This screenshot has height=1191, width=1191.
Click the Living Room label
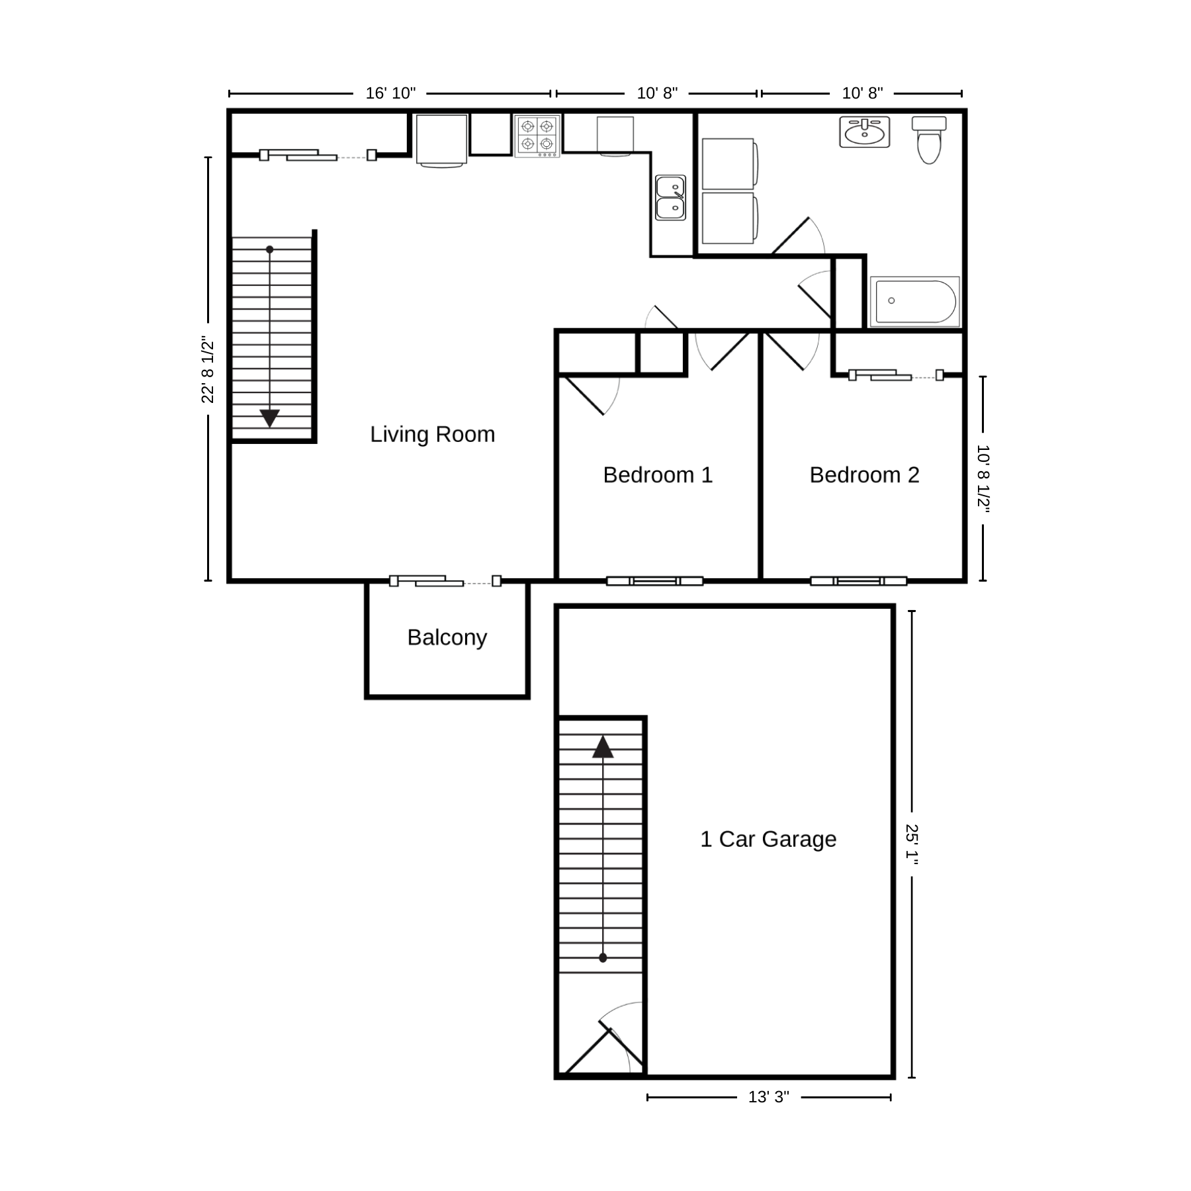point(432,434)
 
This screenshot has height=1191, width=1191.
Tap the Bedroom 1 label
point(658,475)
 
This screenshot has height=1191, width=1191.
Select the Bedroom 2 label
point(864,475)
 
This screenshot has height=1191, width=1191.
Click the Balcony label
point(447,637)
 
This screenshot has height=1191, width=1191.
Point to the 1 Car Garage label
point(768,839)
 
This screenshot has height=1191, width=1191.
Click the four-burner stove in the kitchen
point(537,136)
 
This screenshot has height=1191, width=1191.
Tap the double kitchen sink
point(670,197)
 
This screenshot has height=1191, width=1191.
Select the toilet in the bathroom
point(929,140)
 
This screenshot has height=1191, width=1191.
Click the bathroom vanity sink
point(865,132)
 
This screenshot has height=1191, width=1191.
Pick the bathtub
point(915,301)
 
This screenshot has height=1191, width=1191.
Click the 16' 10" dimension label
point(390,93)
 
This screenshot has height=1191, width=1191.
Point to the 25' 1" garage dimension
point(912,845)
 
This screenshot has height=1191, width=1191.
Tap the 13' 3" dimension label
point(769,1097)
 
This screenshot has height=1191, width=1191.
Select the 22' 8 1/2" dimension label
point(208,370)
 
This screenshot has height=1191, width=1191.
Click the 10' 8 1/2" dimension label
point(983,478)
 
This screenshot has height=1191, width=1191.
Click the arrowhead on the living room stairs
point(270,418)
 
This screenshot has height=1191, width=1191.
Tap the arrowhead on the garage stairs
point(603,747)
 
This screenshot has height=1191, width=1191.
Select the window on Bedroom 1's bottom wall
point(655,581)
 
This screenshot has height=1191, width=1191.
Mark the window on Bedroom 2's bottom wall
point(859,581)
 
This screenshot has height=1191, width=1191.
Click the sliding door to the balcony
point(445,581)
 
